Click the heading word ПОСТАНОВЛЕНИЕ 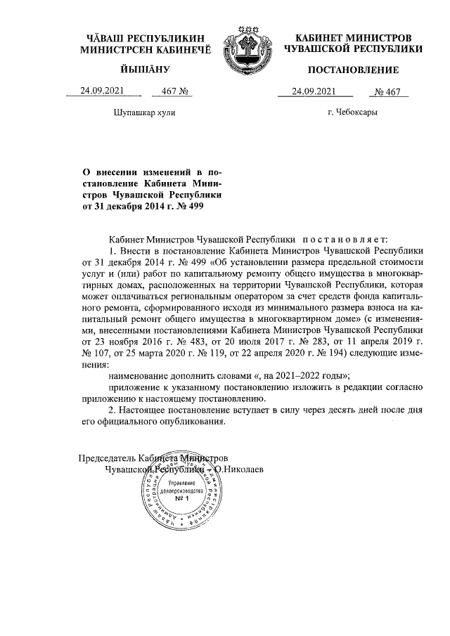coord(353,70)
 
